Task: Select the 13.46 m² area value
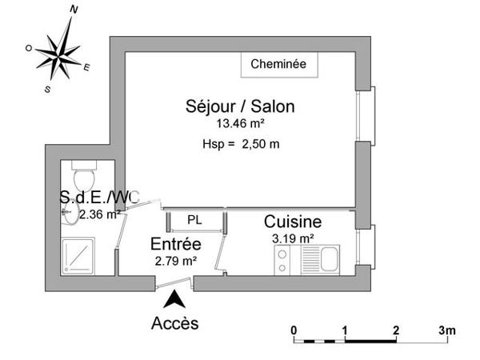coord(240,124)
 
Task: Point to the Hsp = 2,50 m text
coord(241,144)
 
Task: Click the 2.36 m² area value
coord(99,214)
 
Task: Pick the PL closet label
coord(194,219)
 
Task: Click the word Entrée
coord(176,244)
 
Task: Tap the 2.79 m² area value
coord(175,260)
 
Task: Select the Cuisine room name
coord(293,222)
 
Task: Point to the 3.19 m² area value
coord(293,238)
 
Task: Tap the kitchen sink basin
coord(329,257)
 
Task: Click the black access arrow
coord(173,300)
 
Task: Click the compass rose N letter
coord(74,10)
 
